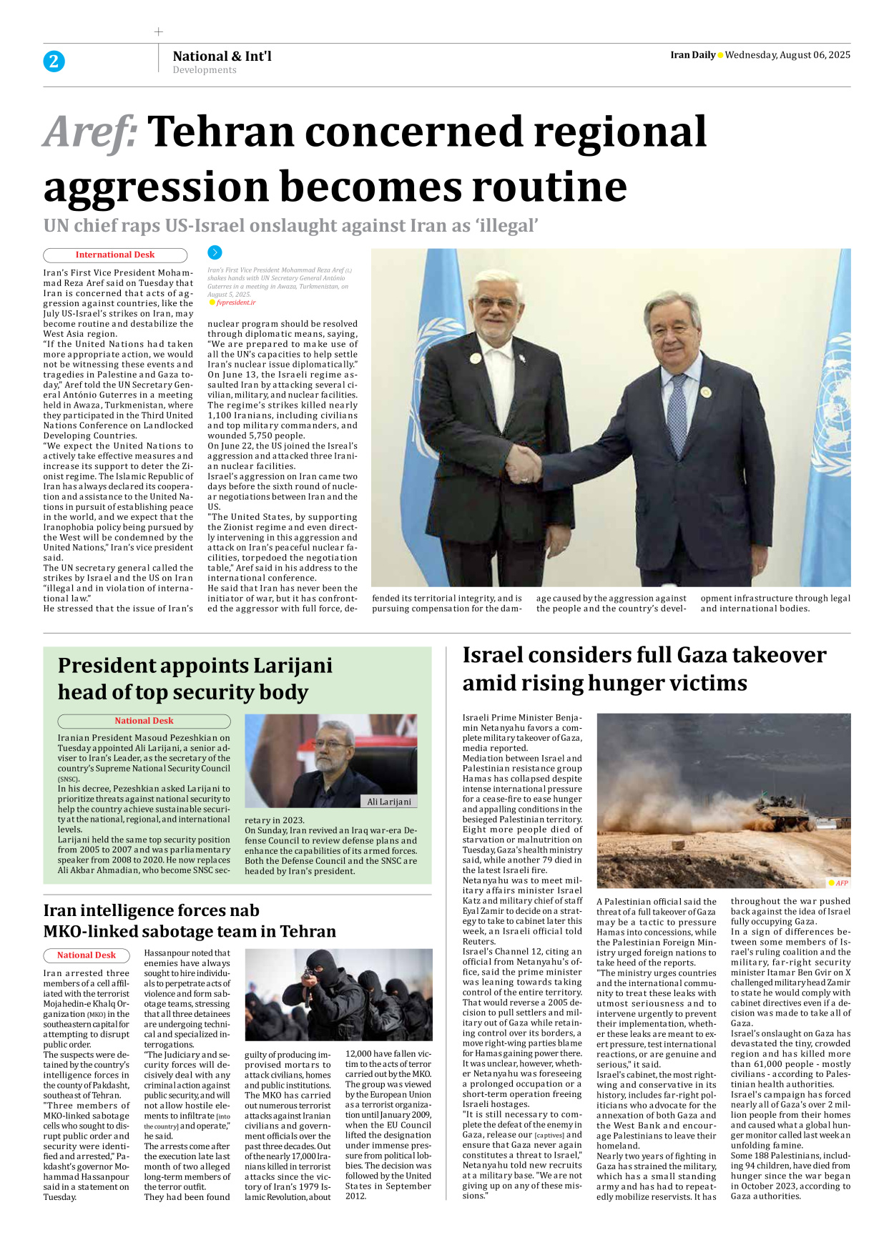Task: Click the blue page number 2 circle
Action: (54, 61)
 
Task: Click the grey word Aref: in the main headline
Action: (90, 133)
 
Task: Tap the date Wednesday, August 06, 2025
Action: (787, 55)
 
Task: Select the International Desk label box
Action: (115, 255)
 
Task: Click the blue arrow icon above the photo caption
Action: (215, 252)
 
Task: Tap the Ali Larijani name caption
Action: (389, 802)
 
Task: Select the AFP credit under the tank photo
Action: (841, 883)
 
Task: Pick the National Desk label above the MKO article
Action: (87, 955)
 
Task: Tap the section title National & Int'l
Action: (222, 56)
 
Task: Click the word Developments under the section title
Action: (205, 70)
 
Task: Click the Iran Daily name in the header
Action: (692, 55)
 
